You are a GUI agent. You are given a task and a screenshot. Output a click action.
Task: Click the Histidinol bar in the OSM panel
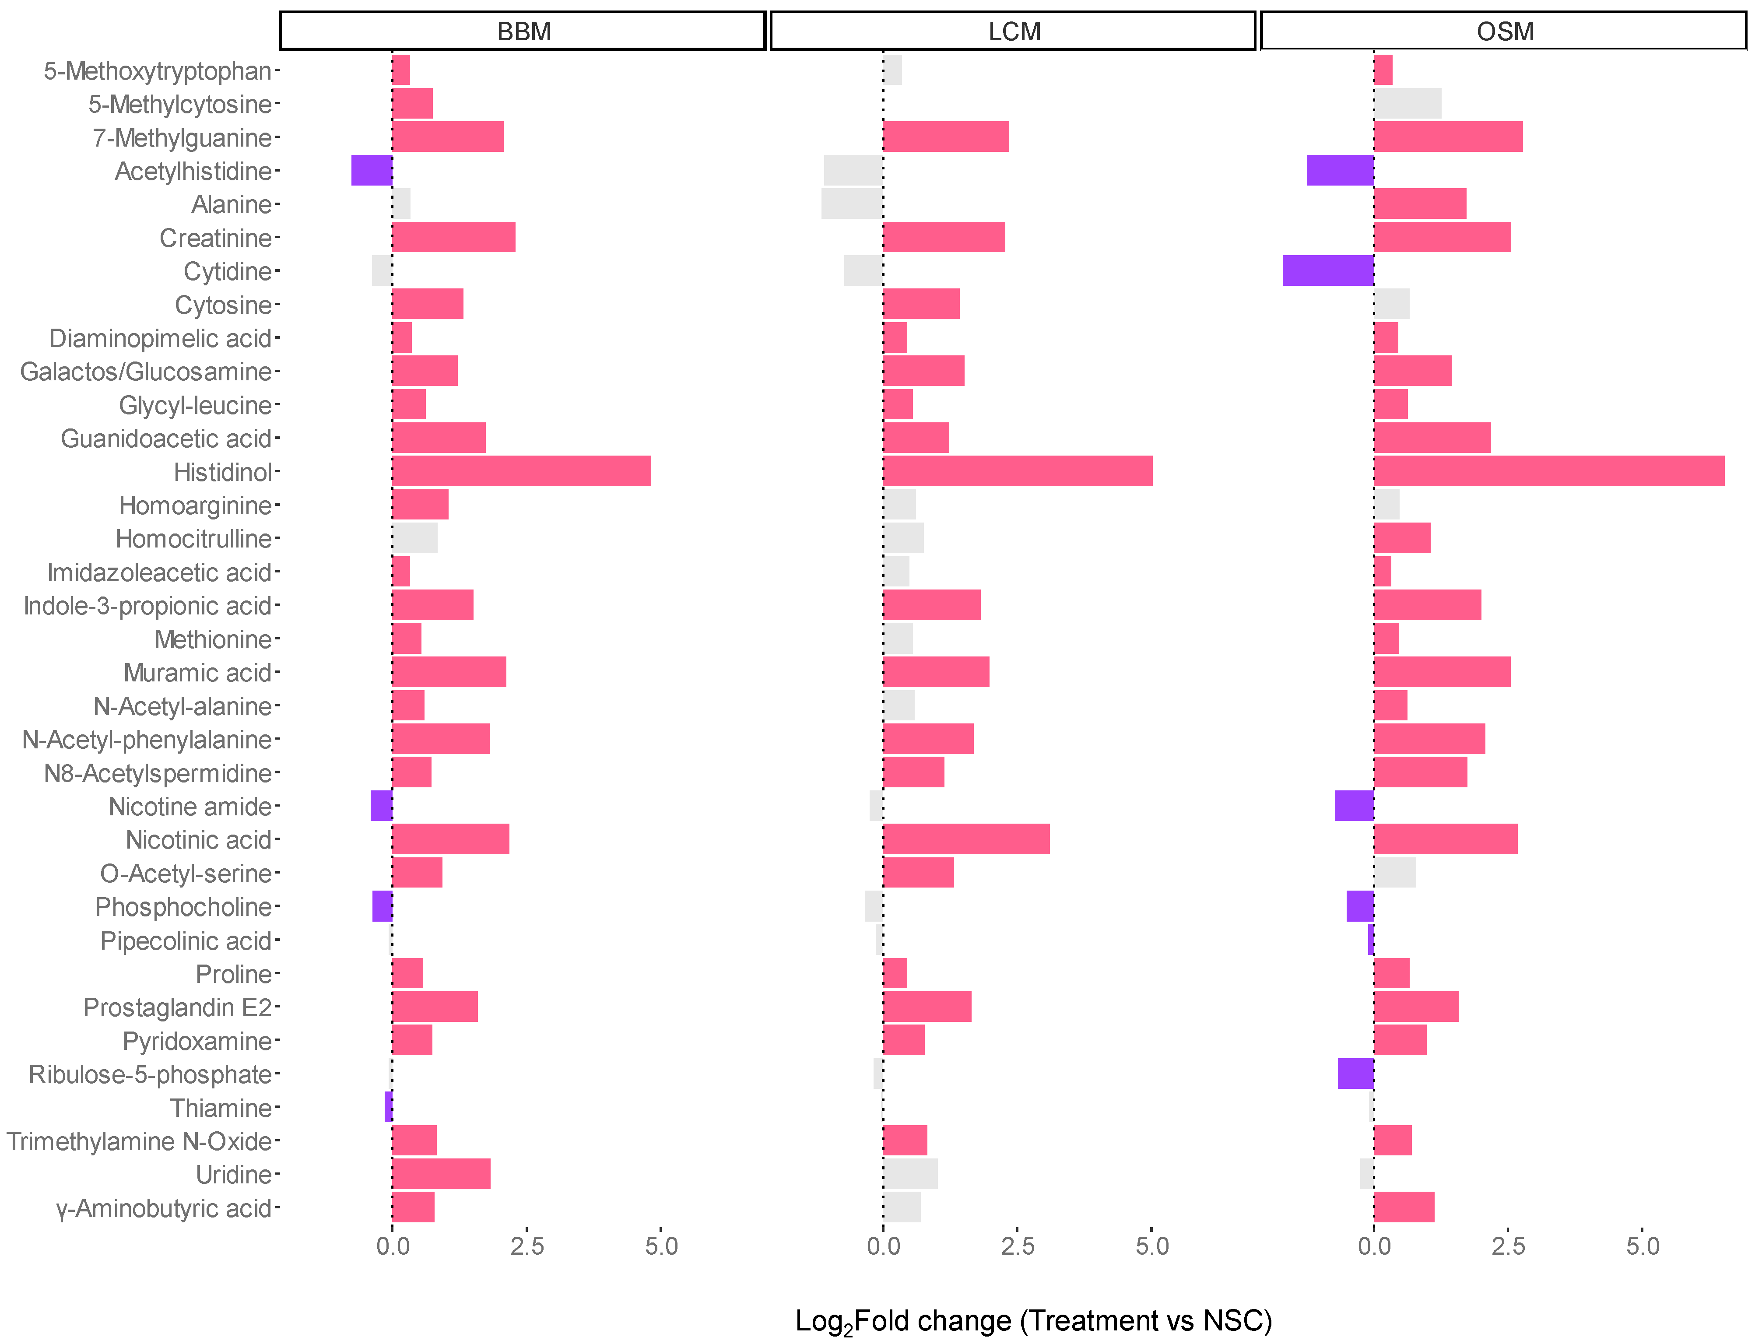pos(1548,471)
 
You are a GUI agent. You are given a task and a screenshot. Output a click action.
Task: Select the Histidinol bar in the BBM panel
pos(522,471)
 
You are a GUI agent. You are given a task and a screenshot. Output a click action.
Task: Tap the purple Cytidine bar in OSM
pos(1328,270)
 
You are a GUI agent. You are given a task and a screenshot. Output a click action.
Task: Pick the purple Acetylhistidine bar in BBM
pos(372,170)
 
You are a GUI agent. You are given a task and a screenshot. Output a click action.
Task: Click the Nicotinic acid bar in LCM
pos(966,839)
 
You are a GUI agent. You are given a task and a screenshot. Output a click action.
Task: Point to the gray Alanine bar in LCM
pos(852,204)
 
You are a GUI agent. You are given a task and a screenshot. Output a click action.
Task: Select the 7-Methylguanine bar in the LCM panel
pos(945,137)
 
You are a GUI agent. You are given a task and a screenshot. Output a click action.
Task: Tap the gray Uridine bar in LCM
pos(910,1174)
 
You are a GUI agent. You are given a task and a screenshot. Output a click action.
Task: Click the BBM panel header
pos(523,31)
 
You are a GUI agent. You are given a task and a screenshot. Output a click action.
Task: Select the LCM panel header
pos(1014,31)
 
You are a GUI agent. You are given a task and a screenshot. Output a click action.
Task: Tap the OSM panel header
pos(1504,31)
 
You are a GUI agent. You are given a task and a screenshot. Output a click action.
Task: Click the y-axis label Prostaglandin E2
pos(178,1007)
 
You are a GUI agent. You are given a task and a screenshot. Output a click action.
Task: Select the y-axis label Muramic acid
pos(197,673)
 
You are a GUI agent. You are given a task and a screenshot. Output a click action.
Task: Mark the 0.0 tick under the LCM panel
pos(883,1246)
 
